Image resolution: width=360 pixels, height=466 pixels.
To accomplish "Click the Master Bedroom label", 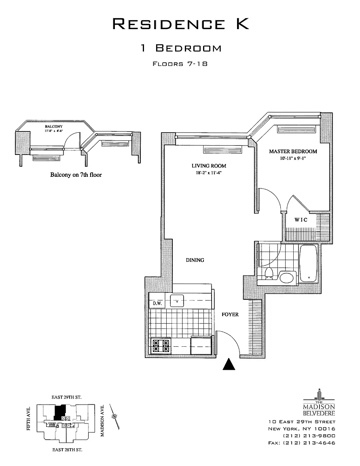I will coord(293,152).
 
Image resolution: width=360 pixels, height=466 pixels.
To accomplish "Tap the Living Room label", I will coord(209,166).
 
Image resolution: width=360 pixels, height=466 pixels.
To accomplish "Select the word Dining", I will coord(195,260).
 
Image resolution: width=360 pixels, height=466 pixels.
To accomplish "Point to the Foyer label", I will coord(230,314).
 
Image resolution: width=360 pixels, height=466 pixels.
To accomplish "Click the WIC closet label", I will coord(301,220).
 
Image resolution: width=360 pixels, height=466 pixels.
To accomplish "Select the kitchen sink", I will coord(177,301).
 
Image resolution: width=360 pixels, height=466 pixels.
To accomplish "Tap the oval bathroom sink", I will coord(288,277).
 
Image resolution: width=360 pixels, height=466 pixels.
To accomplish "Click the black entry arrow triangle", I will coord(229,364).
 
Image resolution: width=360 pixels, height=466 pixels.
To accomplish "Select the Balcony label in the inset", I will coord(53,126).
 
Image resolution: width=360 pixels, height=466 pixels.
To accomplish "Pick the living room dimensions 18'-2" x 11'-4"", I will coord(209,173).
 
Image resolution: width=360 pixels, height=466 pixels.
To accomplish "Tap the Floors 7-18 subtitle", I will coord(180,64).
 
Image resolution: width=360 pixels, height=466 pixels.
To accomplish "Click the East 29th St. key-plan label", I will coord(67,397).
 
